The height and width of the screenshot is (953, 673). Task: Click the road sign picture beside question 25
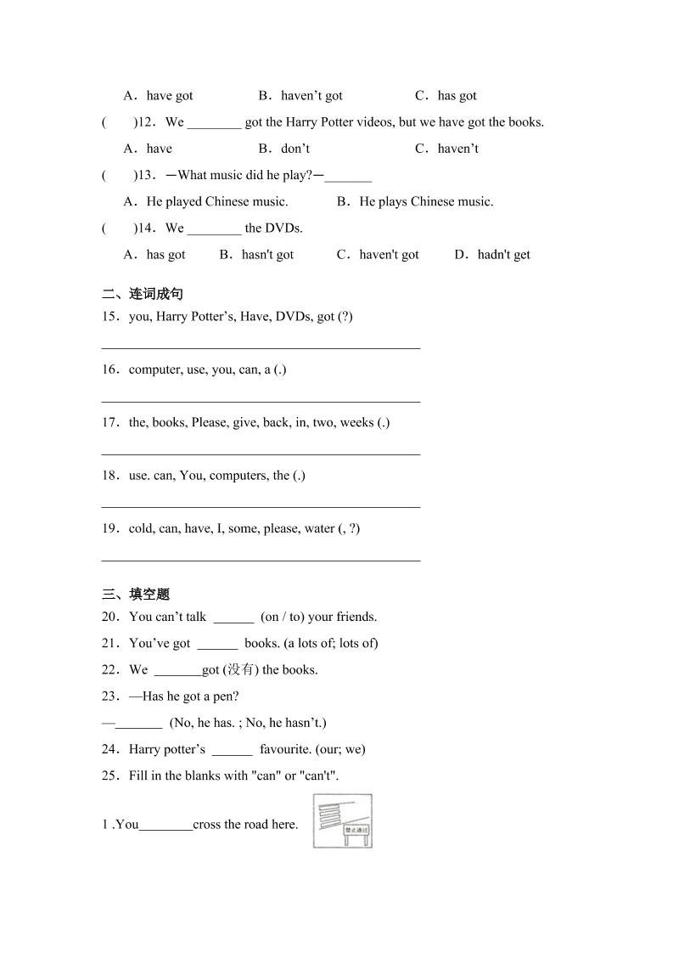(x=342, y=820)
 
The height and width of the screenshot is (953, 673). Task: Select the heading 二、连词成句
(x=143, y=294)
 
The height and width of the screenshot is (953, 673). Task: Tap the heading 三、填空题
(x=136, y=594)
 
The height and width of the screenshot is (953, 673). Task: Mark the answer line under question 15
(x=261, y=347)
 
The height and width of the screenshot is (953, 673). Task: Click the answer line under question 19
(x=261, y=560)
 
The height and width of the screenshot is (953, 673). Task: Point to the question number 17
(x=110, y=422)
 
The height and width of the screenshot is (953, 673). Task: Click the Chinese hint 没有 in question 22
(x=234, y=669)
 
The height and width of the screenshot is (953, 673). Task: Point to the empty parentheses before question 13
(x=118, y=175)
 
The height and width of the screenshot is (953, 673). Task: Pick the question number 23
(x=110, y=696)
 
